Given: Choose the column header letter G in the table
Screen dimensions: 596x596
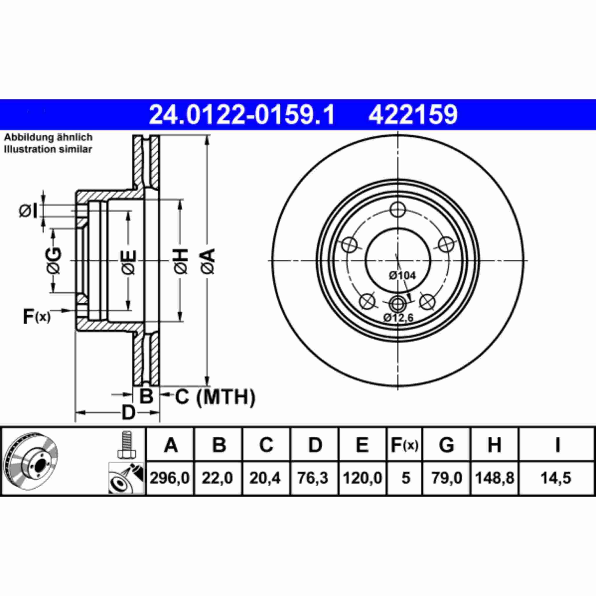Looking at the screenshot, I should pos(446,445).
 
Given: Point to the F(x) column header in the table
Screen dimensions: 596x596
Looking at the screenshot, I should pos(404,445).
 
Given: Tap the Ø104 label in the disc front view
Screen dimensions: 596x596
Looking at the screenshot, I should pos(402,275).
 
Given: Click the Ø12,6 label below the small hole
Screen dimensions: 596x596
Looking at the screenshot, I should pos(398,318).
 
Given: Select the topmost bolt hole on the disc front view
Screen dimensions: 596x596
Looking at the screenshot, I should pos(397,210).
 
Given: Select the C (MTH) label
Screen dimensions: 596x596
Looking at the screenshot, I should pos(215,397).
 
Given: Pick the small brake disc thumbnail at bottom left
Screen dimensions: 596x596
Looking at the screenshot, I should pos(32,462).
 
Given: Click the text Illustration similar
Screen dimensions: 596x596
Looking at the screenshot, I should pos(48,149).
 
